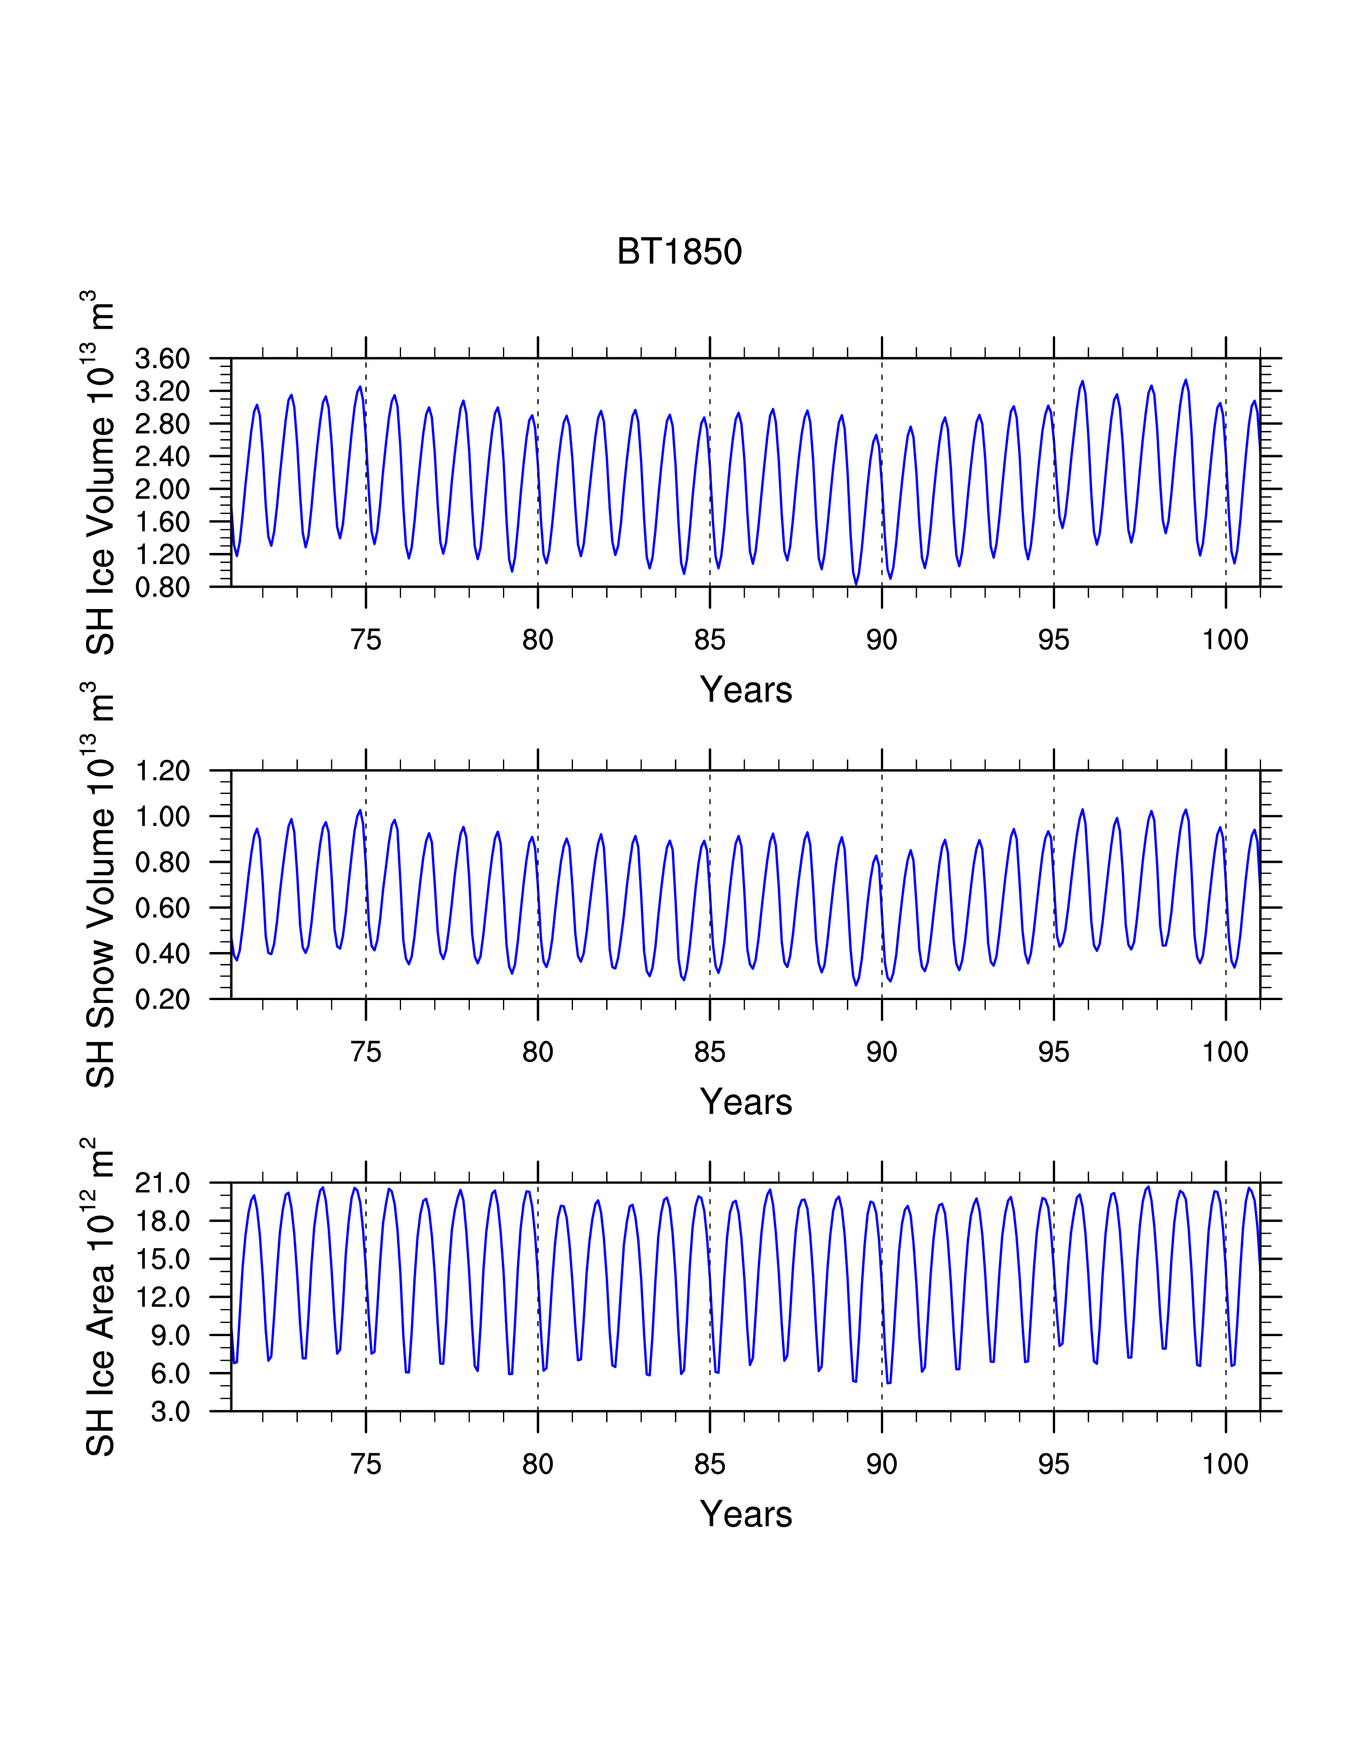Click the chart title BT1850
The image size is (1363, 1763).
pyautogui.click(x=679, y=251)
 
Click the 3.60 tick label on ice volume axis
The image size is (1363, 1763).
pyautogui.click(x=162, y=358)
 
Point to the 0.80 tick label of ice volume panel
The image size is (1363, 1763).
pyautogui.click(x=162, y=587)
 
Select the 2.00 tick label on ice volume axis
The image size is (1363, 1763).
pyautogui.click(x=162, y=488)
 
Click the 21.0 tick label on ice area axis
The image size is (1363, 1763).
pyautogui.click(x=162, y=1183)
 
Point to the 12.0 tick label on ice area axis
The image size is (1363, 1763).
pyautogui.click(x=162, y=1297)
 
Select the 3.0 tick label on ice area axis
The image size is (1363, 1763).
pyautogui.click(x=171, y=1411)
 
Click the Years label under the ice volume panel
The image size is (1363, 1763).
pyautogui.click(x=746, y=689)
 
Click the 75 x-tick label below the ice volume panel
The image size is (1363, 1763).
pyautogui.click(x=366, y=640)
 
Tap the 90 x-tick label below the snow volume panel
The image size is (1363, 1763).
pyautogui.click(x=882, y=1052)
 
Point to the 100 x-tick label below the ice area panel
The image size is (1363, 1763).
pyautogui.click(x=1226, y=1464)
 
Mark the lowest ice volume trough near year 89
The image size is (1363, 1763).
pyautogui.click(x=856, y=583)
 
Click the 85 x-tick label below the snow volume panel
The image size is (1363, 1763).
pyautogui.click(x=710, y=1052)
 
